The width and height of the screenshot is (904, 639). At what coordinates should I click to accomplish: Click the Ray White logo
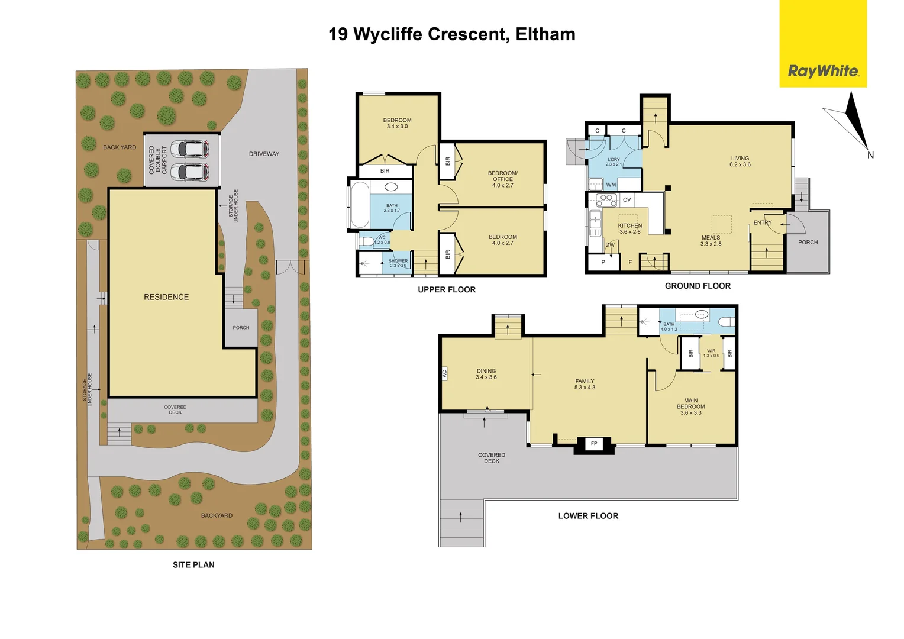click(822, 71)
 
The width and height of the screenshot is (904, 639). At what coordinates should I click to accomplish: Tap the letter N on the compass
click(870, 156)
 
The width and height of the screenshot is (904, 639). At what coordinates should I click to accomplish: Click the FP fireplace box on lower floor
click(594, 443)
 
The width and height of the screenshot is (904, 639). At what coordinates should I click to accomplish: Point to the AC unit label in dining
click(444, 373)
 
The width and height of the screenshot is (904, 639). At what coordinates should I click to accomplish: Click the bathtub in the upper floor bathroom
click(360, 204)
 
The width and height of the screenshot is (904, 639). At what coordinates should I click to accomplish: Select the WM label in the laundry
click(611, 185)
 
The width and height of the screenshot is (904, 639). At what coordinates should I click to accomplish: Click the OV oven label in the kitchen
click(627, 200)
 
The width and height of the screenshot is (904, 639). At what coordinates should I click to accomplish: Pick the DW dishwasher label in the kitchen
click(609, 245)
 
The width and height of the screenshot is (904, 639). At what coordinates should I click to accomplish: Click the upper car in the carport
click(189, 148)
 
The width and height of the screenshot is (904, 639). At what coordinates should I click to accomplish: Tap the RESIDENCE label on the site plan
click(166, 297)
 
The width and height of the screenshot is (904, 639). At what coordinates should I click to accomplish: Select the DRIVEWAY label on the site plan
click(264, 154)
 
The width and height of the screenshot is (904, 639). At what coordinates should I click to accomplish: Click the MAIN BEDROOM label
click(690, 406)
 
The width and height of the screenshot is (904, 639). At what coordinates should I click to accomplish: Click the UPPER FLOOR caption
click(447, 289)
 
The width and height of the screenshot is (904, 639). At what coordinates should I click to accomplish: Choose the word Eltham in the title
click(545, 34)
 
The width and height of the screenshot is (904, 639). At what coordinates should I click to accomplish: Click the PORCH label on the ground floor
click(808, 243)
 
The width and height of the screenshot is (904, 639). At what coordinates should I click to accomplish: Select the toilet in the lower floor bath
click(727, 322)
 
